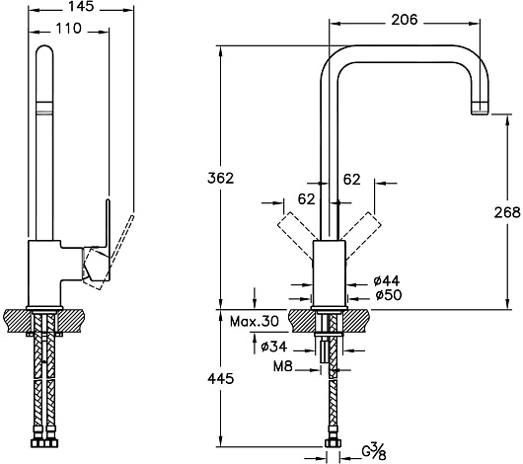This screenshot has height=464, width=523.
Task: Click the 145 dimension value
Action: (81, 6)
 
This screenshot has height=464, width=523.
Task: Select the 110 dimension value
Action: (68, 29)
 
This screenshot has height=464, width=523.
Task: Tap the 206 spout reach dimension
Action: (405, 20)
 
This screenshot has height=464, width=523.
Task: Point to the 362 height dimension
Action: (220, 179)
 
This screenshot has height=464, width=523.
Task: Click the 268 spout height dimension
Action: (507, 212)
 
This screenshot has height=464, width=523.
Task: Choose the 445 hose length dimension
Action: (220, 378)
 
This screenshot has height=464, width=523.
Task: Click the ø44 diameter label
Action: (387, 281)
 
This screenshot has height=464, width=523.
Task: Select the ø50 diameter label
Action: (389, 295)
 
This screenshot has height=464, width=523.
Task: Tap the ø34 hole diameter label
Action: (274, 347)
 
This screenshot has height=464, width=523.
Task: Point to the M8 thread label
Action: (283, 366)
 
